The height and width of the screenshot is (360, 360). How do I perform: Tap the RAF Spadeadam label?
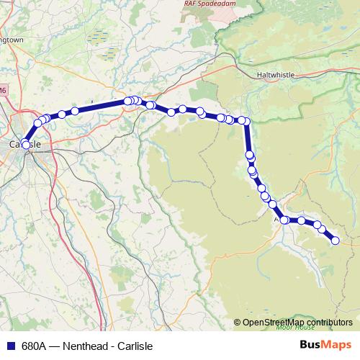[199, 3]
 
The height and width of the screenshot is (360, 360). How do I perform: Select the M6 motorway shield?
[3, 90]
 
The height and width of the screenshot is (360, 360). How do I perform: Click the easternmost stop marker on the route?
[335, 241]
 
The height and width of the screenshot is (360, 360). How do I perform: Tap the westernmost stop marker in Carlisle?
[26, 145]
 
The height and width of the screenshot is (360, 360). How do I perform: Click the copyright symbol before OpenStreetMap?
[238, 323]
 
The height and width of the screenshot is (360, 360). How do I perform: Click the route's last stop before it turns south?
[246, 121]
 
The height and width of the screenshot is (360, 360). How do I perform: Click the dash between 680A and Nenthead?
[55, 346]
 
